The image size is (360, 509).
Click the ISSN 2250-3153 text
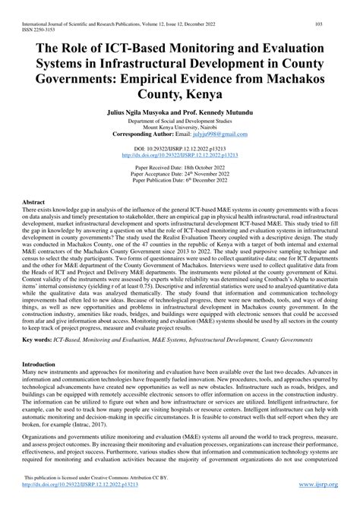point(33,14)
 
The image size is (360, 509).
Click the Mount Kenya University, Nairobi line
point(180,127)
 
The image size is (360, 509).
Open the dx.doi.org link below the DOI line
point(180,154)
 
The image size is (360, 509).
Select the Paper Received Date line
point(180,166)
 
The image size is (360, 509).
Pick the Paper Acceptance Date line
point(180,172)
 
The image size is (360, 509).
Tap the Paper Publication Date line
point(180,179)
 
